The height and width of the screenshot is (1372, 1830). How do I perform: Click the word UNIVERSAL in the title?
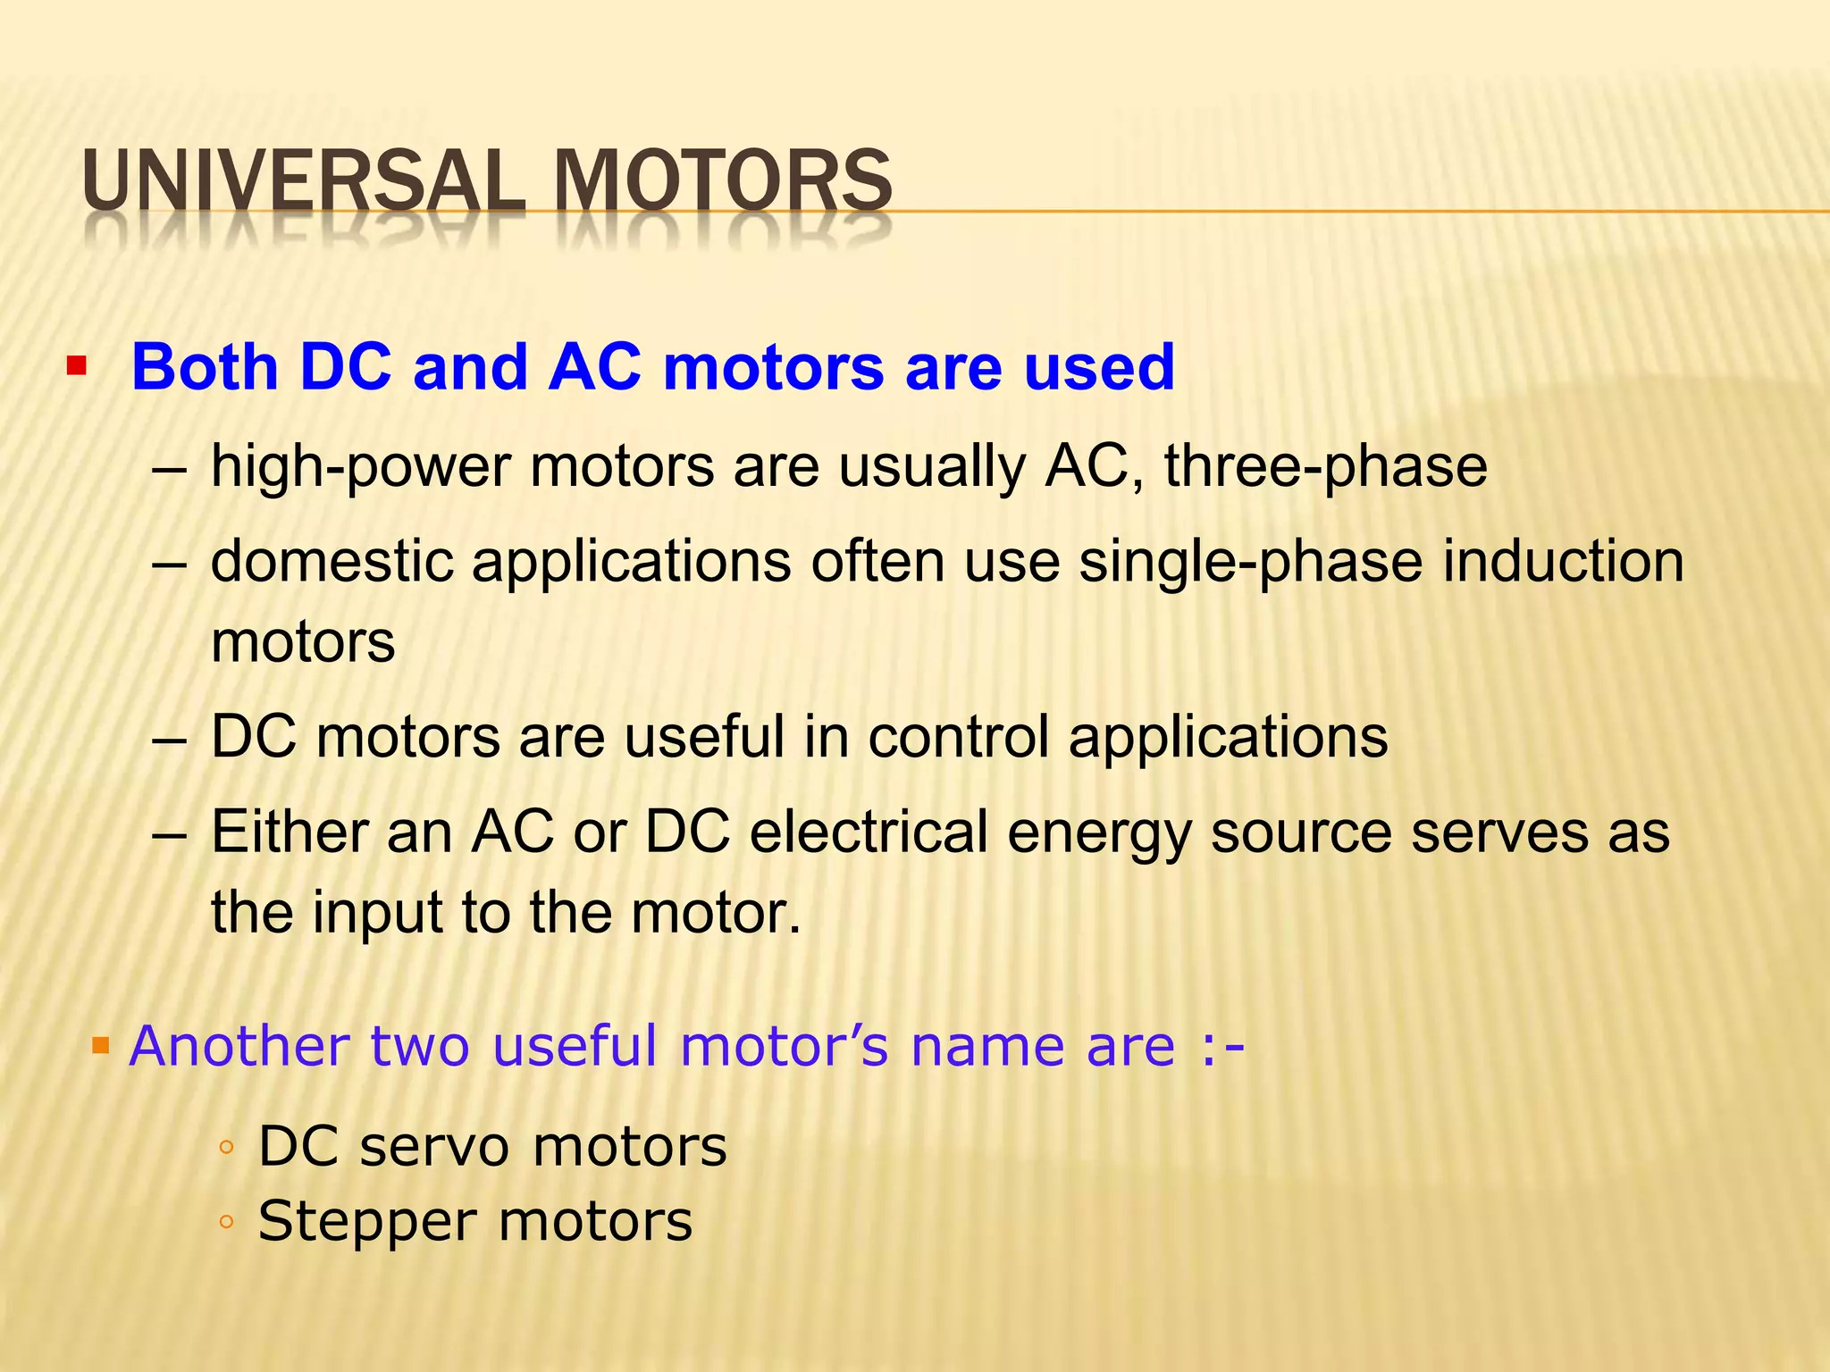pos(303,180)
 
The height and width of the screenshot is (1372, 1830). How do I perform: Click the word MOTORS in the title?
pos(722,180)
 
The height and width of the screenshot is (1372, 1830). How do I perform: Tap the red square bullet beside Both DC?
pos(77,366)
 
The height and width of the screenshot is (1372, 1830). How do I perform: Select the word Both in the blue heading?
pos(205,367)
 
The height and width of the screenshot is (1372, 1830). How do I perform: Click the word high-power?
pos(360,467)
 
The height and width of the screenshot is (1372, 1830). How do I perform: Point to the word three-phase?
pos(1325,466)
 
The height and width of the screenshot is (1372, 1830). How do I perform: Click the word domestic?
pos(332,562)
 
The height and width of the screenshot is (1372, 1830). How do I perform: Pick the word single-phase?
pos(1250,563)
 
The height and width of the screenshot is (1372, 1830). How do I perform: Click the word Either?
pos(288,832)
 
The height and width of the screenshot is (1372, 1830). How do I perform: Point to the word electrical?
pos(868,832)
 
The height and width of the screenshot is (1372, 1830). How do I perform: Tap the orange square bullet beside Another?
pos(101,1044)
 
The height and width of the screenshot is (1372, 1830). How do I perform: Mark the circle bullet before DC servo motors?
pos(226,1149)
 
